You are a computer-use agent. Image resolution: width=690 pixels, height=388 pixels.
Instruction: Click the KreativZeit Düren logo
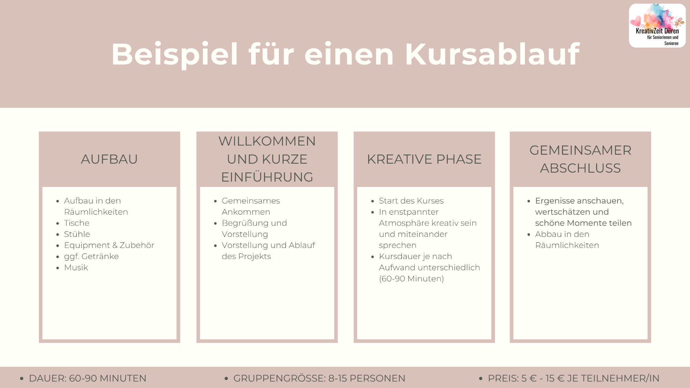(657, 26)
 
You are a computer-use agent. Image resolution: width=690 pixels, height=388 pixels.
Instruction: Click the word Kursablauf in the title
(492, 54)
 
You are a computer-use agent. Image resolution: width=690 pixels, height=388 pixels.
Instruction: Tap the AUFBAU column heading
(109, 159)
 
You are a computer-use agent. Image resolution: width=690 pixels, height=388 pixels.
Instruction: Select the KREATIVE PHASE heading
(424, 159)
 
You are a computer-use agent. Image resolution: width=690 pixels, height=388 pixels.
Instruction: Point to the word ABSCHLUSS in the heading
(580, 168)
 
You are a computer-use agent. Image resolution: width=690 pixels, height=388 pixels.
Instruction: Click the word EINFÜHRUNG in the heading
(267, 177)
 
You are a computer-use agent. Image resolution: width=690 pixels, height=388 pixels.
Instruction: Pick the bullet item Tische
(77, 223)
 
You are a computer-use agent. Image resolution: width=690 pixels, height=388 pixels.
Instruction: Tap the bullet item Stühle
(77, 234)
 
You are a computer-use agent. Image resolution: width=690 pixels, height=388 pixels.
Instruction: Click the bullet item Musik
(76, 268)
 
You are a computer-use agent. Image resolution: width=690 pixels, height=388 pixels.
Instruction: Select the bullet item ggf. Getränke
(91, 257)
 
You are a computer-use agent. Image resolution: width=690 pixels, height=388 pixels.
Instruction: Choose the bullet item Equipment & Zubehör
(109, 245)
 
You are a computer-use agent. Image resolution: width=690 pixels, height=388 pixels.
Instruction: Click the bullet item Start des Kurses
(411, 201)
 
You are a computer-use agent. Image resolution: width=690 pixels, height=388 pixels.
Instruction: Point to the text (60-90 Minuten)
(411, 279)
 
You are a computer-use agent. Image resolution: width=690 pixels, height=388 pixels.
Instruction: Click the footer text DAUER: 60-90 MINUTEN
(88, 378)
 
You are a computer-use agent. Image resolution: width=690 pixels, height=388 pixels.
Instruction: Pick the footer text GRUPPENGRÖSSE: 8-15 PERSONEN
(319, 378)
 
